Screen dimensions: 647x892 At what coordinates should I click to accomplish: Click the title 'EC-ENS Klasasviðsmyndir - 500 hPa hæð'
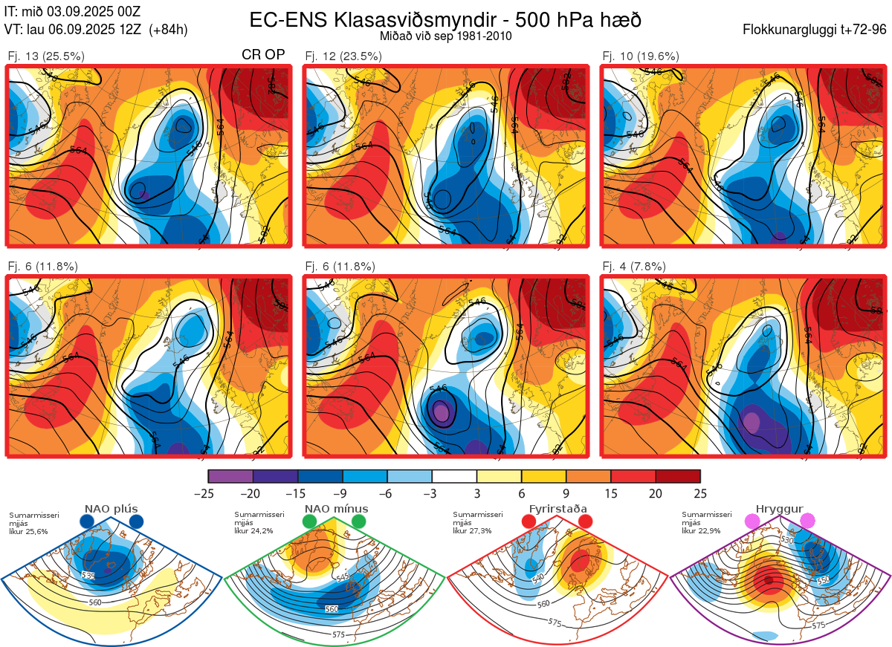(x=445, y=20)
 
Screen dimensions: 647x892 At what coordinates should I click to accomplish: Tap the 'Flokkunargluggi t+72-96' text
(x=815, y=30)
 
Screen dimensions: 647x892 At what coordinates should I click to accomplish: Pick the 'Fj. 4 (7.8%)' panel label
(x=634, y=267)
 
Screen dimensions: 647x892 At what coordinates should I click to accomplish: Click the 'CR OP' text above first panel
(x=264, y=56)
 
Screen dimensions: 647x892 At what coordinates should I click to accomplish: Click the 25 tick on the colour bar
(x=700, y=493)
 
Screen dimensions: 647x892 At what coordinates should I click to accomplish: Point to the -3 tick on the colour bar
(x=433, y=493)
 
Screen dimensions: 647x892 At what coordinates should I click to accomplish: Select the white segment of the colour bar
(x=455, y=476)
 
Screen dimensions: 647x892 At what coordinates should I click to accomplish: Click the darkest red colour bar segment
(x=678, y=476)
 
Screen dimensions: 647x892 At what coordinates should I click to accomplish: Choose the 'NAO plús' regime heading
(x=112, y=509)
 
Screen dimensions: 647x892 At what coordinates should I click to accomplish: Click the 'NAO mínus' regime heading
(x=336, y=509)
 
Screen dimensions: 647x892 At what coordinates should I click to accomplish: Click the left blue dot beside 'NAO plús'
(x=87, y=522)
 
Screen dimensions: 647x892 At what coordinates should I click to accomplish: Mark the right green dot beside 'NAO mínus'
(x=360, y=522)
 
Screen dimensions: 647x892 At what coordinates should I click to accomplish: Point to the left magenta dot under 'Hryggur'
(x=754, y=522)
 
